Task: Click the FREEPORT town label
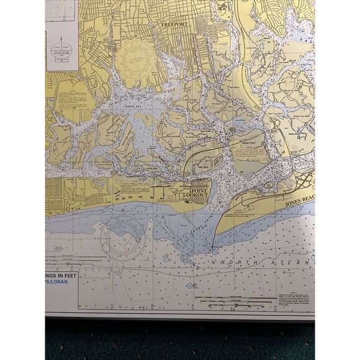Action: pos(174,24)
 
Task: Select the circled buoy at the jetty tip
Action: pos(214,251)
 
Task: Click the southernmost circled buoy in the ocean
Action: pos(189,286)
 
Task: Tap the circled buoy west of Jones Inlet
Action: pos(166,258)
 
